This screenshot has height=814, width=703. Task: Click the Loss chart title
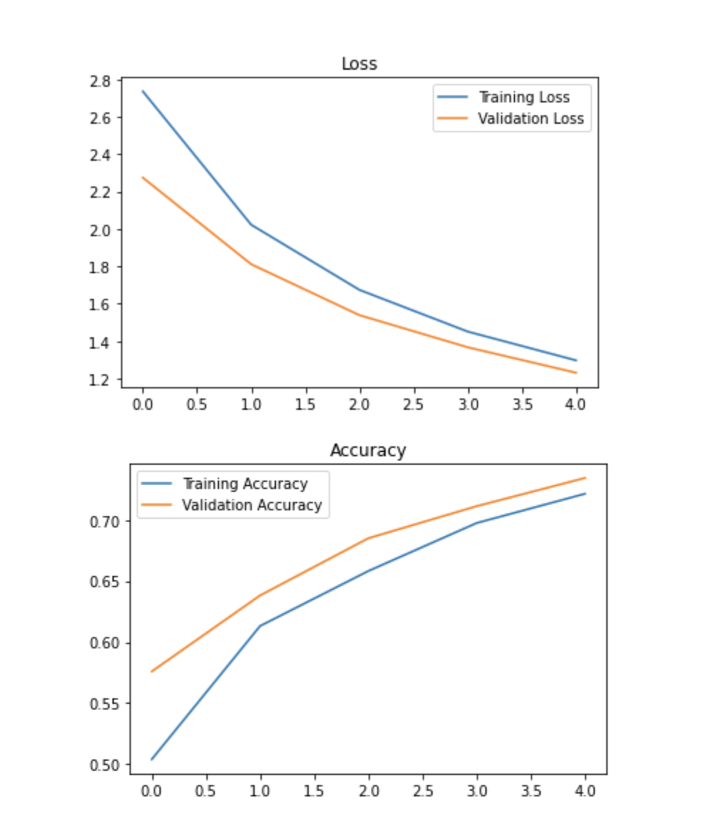(x=359, y=63)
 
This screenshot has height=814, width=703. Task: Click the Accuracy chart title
(x=368, y=450)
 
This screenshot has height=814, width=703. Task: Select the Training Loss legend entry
(x=524, y=97)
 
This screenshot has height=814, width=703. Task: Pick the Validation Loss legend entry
(x=531, y=118)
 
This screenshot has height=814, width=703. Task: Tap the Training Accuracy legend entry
(x=245, y=484)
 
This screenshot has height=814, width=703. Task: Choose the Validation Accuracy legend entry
(x=252, y=505)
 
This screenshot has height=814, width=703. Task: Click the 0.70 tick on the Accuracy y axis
(x=107, y=522)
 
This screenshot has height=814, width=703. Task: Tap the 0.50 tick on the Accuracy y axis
(x=107, y=765)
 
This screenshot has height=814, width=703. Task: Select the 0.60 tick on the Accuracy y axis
(x=107, y=643)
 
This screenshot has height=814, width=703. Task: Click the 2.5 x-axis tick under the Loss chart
(x=413, y=405)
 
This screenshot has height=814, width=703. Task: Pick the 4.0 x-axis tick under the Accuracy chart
(x=585, y=791)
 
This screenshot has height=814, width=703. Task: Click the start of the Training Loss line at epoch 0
(x=143, y=91)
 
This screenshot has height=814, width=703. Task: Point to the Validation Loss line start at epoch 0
(x=143, y=177)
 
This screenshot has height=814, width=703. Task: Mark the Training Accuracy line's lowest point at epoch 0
(x=152, y=759)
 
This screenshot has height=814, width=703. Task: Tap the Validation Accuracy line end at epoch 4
(x=585, y=477)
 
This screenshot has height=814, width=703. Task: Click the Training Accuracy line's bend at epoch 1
(x=260, y=626)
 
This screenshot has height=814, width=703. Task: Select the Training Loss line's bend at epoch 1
(x=251, y=225)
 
